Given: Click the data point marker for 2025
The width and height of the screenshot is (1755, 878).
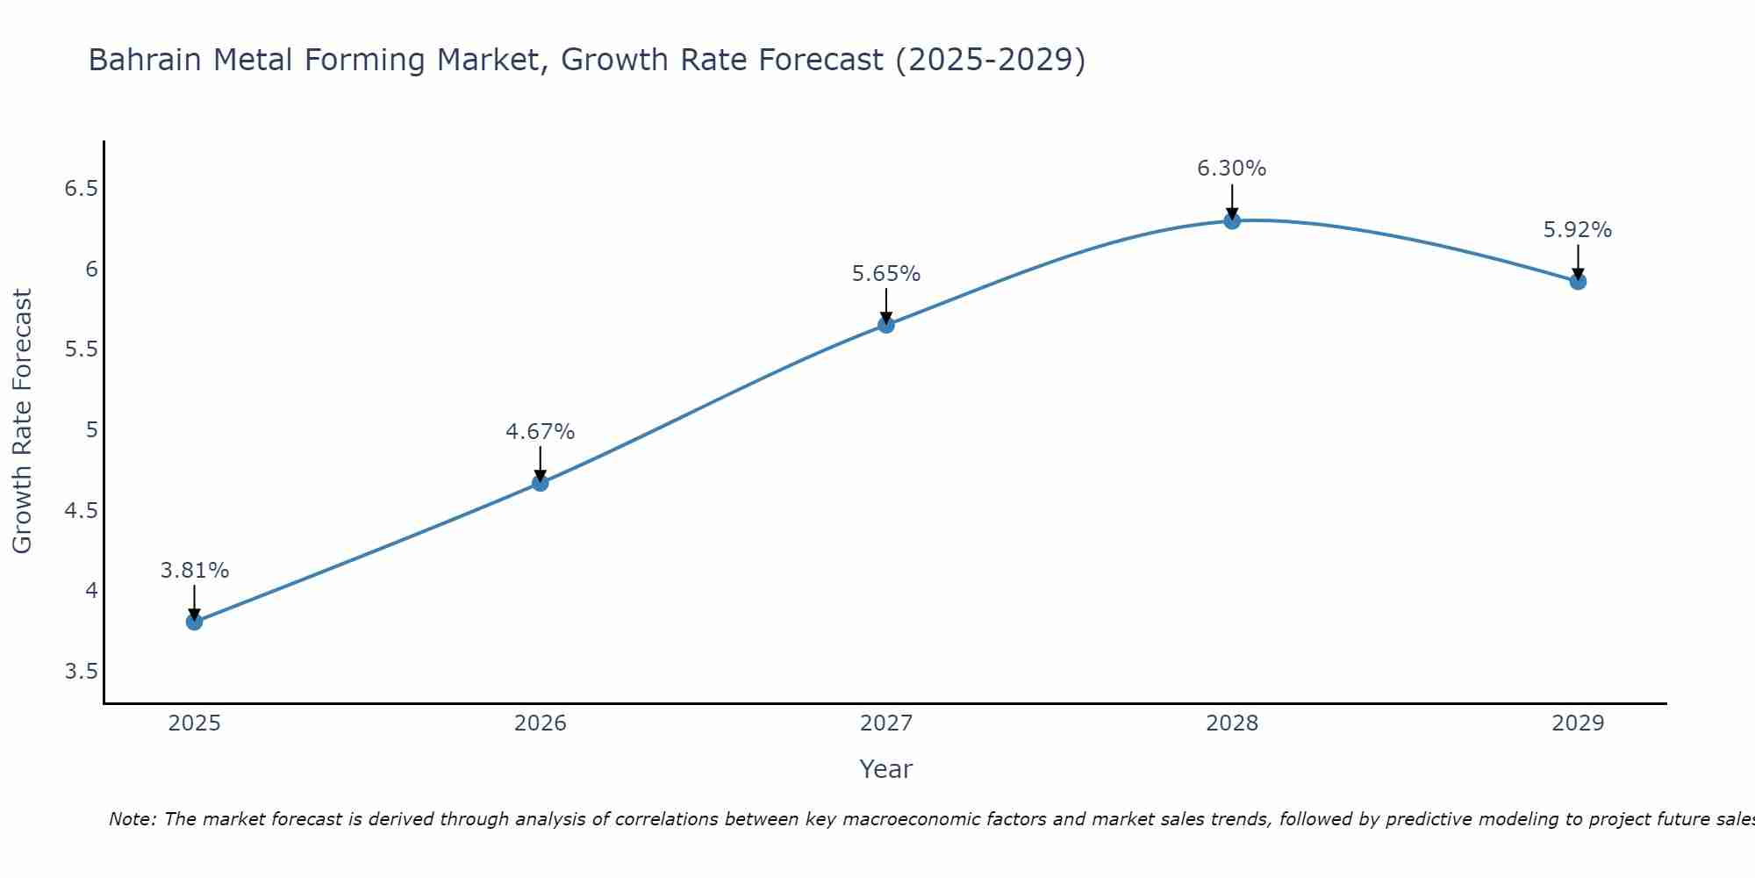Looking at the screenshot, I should (x=194, y=622).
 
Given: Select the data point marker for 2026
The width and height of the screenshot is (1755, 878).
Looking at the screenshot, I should (x=541, y=483).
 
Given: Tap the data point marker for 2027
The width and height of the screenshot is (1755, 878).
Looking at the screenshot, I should (x=886, y=325).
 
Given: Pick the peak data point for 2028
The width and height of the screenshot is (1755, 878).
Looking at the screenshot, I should (x=1232, y=220).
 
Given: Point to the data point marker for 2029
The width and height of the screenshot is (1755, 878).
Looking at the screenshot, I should (x=1578, y=282).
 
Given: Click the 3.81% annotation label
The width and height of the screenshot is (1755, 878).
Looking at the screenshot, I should (x=195, y=571).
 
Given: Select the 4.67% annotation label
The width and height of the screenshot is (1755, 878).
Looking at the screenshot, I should (x=541, y=432).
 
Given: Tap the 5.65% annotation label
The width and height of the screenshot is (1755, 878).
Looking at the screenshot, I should (x=886, y=274).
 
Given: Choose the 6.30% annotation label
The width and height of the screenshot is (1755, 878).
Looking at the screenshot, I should (x=1232, y=169).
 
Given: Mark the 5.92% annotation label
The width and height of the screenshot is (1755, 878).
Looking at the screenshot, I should (x=1578, y=230).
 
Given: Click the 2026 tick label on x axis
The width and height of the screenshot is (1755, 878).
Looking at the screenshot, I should (x=541, y=723).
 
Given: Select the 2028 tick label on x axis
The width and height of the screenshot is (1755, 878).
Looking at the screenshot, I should (x=1232, y=723).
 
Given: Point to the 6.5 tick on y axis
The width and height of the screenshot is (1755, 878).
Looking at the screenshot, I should (x=81, y=189).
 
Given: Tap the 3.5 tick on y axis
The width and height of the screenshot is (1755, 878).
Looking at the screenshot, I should (x=81, y=672).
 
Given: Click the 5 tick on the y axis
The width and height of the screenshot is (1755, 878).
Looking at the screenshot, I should (x=91, y=430).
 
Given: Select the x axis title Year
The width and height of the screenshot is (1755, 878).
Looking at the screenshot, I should (x=886, y=769).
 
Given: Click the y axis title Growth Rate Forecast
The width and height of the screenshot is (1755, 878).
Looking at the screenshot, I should (x=22, y=421).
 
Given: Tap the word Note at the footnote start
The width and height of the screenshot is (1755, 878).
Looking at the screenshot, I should (x=132, y=819).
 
